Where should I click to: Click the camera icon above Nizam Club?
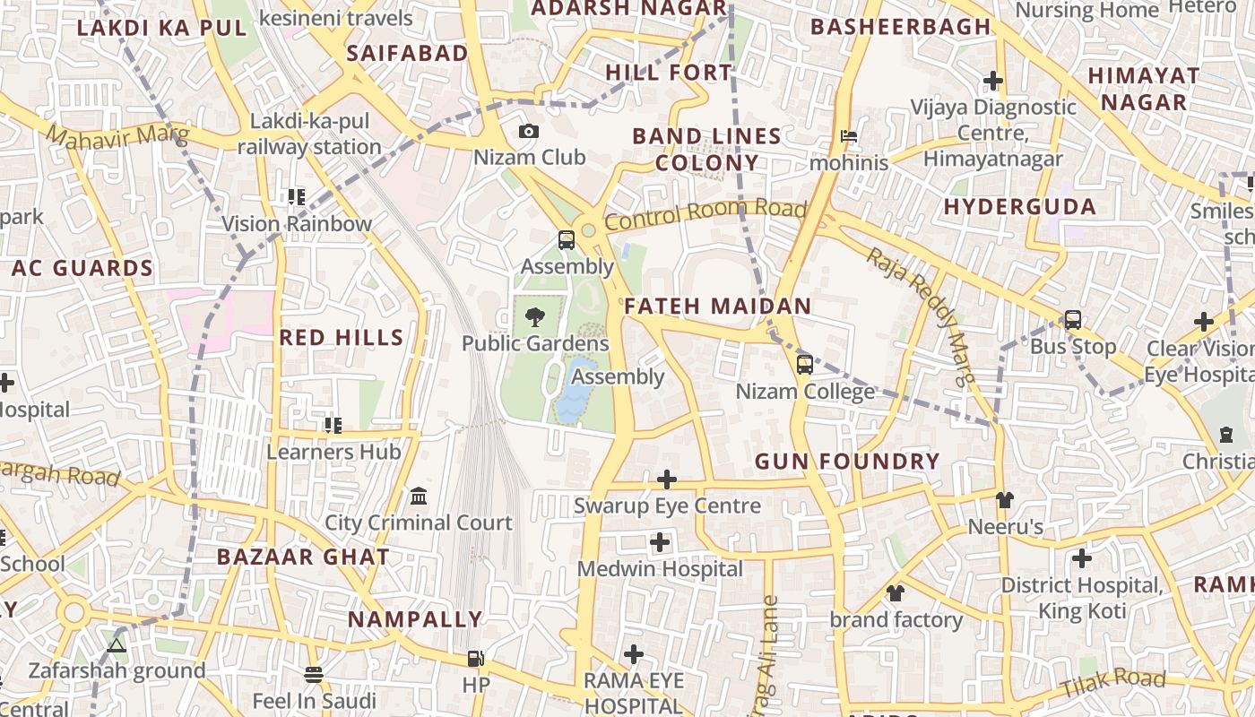(x=529, y=132)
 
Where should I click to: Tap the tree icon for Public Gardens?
(x=534, y=316)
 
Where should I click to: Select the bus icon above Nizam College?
(x=805, y=364)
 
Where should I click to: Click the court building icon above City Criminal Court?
(x=418, y=496)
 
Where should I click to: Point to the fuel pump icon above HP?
(x=474, y=659)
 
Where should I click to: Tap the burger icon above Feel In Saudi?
(x=313, y=674)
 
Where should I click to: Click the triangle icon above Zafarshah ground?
(x=116, y=644)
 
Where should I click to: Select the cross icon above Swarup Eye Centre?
(x=667, y=479)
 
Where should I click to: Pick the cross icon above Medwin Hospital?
(x=660, y=541)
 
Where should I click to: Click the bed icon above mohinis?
(x=848, y=136)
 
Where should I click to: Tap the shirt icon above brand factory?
(x=895, y=592)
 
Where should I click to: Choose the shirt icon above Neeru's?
(x=1004, y=499)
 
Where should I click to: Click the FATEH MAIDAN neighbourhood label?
(x=717, y=307)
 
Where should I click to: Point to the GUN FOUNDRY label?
(x=847, y=462)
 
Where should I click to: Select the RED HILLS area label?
(x=341, y=338)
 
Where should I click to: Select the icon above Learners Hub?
(x=333, y=425)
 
